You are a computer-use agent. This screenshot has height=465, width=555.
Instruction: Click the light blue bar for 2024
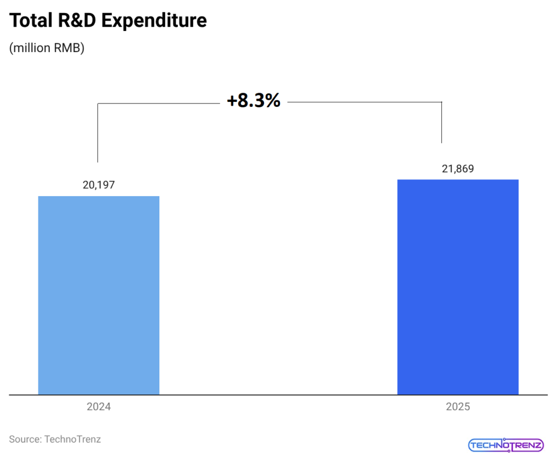point(99,295)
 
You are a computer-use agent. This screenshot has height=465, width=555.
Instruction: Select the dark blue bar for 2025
point(458,287)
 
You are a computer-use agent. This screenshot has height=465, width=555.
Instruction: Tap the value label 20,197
point(99,185)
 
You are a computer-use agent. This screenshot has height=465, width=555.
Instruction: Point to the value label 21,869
point(458,169)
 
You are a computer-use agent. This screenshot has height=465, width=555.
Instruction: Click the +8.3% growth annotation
point(254,100)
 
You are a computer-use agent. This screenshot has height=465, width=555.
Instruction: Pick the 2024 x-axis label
point(99,407)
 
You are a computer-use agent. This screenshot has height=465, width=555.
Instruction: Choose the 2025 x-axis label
point(458,407)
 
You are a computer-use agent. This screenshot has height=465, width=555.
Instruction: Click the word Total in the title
point(30,21)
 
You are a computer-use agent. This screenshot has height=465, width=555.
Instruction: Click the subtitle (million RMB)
point(47,48)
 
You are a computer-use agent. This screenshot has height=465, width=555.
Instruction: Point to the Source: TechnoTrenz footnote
point(55,439)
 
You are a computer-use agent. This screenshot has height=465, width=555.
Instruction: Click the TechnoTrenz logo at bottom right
point(506,445)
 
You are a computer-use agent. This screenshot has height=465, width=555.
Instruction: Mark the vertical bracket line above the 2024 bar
point(98,133)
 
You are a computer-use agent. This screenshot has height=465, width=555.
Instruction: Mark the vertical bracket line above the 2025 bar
point(442,122)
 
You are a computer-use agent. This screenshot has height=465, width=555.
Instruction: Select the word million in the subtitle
point(31,48)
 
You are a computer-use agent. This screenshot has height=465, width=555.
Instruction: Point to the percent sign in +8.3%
point(272,100)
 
